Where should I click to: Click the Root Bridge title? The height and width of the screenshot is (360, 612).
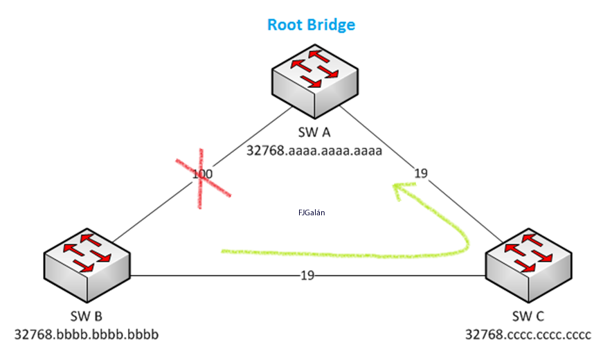click(311, 25)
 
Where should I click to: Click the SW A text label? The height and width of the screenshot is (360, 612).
click(314, 132)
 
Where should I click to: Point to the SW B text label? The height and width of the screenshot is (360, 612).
click(87, 316)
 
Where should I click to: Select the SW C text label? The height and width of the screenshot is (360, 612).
click(528, 316)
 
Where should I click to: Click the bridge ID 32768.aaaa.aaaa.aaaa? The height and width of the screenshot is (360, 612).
click(314, 150)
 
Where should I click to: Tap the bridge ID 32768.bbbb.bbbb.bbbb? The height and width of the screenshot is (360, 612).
click(87, 335)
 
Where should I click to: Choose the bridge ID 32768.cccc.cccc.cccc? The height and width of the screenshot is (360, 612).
click(528, 335)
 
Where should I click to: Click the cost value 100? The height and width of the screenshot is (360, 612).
click(202, 174)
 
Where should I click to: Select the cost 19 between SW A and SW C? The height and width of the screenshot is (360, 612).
click(421, 173)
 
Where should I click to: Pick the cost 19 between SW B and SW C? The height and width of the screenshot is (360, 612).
click(307, 275)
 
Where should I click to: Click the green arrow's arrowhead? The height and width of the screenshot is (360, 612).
click(397, 188)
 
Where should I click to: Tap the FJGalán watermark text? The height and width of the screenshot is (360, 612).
click(312, 213)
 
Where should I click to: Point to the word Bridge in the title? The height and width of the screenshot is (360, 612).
click(332, 25)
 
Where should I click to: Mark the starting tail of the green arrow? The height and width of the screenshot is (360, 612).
click(225, 251)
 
